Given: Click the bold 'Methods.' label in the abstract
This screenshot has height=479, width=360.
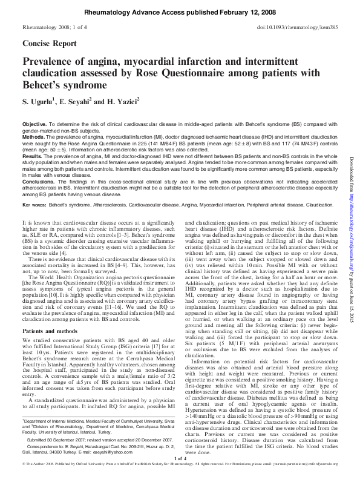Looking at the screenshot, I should click(x=34, y=137).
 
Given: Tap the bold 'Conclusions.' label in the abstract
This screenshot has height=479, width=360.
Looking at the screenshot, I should click(x=38, y=180).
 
